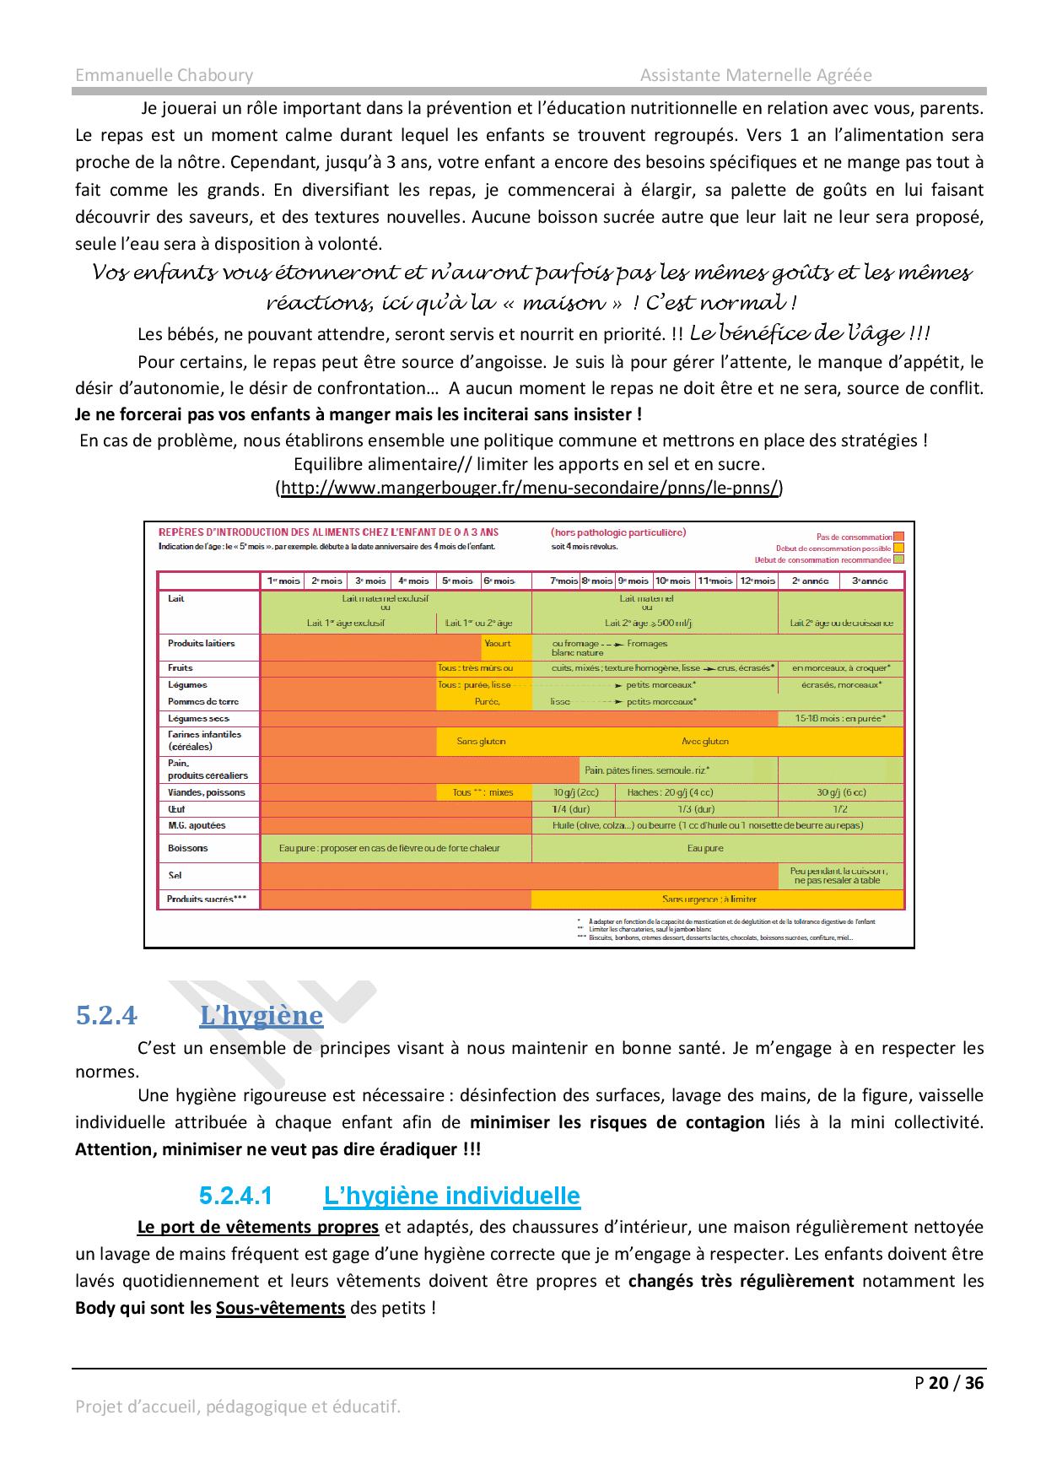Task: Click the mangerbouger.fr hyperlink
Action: coord(529,488)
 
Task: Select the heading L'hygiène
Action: coord(261,1015)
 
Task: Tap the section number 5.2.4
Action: coord(106,1015)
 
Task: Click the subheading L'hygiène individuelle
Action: coord(451,1196)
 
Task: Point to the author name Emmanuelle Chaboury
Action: coord(164,75)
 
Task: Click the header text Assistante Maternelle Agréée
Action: coord(756,75)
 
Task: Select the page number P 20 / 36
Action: coord(949,1382)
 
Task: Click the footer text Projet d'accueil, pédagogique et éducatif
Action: coord(238,1407)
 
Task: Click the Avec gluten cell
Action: coord(705,741)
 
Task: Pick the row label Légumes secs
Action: coord(199,718)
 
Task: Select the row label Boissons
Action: coord(187,848)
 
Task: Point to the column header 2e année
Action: coord(810,581)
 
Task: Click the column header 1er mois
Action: coord(283,581)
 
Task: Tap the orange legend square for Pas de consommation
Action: coord(899,537)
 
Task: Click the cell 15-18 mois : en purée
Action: coord(840,718)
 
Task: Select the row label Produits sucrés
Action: coord(207,899)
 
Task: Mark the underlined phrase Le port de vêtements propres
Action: coord(257,1227)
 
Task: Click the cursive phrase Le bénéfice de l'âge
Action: coord(809,333)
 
